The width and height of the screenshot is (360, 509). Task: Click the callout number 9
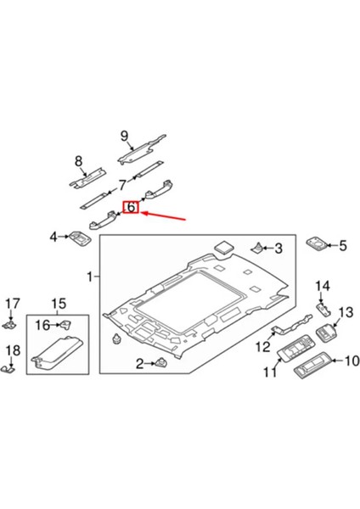click(123, 135)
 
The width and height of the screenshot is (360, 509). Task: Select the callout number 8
click(79, 161)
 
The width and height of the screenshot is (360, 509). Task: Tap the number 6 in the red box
click(132, 208)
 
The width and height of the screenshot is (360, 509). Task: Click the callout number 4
click(53, 237)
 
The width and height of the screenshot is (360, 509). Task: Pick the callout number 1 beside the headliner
click(91, 277)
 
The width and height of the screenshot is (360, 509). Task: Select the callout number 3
click(276, 248)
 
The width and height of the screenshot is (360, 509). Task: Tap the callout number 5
click(343, 246)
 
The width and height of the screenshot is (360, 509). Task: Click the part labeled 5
click(318, 245)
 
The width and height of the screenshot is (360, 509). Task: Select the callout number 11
click(270, 372)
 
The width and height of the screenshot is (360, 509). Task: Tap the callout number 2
click(138, 365)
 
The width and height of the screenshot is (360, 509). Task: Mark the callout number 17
click(12, 304)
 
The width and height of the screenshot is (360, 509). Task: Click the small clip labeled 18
click(11, 368)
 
